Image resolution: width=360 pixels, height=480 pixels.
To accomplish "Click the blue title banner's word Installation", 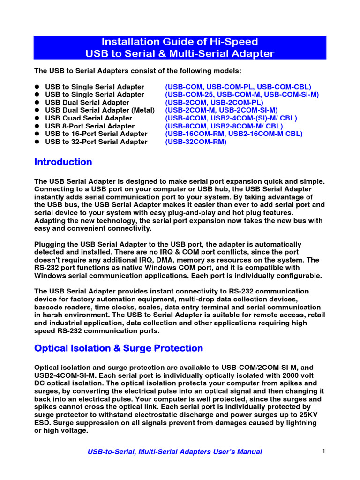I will tap(129, 42).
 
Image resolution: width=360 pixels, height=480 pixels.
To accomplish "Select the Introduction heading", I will tap(63, 162).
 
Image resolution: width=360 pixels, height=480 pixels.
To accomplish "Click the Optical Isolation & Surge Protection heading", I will tap(119, 348).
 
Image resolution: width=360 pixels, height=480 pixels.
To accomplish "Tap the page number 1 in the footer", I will tap(324, 451).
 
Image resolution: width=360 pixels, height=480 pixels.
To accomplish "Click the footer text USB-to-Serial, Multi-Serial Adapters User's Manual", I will tap(175, 452).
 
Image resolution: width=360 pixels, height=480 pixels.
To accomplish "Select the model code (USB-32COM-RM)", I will tap(195, 142).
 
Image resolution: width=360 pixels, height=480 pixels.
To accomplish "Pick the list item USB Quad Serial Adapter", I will tap(89, 118).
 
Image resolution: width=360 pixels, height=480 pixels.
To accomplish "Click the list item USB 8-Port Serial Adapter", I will tap(90, 126).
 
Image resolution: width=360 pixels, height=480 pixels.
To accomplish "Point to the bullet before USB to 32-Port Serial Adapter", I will tap(37, 142).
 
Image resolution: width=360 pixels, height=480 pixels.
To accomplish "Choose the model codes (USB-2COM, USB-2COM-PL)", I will tap(214, 102).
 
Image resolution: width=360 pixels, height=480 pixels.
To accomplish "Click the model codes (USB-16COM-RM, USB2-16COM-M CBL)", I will tap(234, 134).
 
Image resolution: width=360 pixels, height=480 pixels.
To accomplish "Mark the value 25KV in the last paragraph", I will tap(307, 415).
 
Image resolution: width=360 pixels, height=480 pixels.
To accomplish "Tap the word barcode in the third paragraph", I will tap(50, 307).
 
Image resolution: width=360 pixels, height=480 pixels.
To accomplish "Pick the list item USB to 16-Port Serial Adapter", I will tap(96, 134).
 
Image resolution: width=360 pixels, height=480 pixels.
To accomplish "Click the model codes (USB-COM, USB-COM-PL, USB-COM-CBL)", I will tap(238, 87).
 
